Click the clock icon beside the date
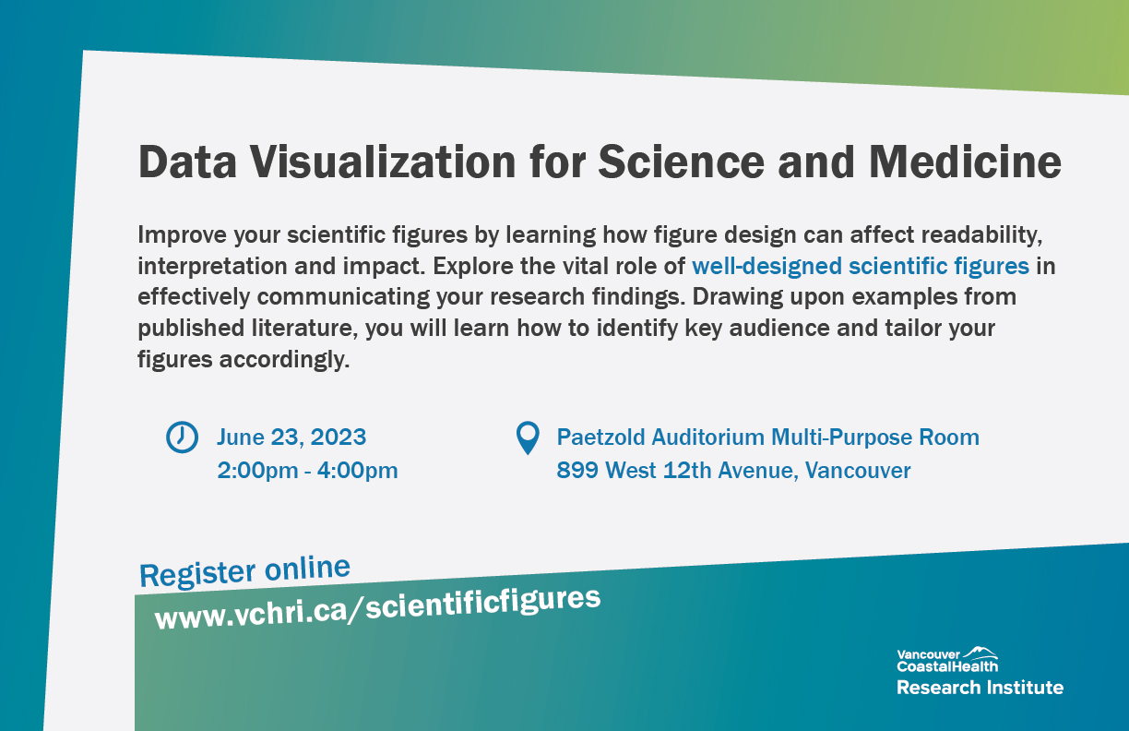click(182, 437)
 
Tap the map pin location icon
click(527, 437)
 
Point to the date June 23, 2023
click(291, 437)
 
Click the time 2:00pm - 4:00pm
click(307, 471)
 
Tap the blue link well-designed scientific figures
click(860, 267)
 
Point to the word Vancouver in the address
click(858, 471)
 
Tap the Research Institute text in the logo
click(980, 688)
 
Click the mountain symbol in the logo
click(980, 653)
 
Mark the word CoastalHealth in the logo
click(946, 666)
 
